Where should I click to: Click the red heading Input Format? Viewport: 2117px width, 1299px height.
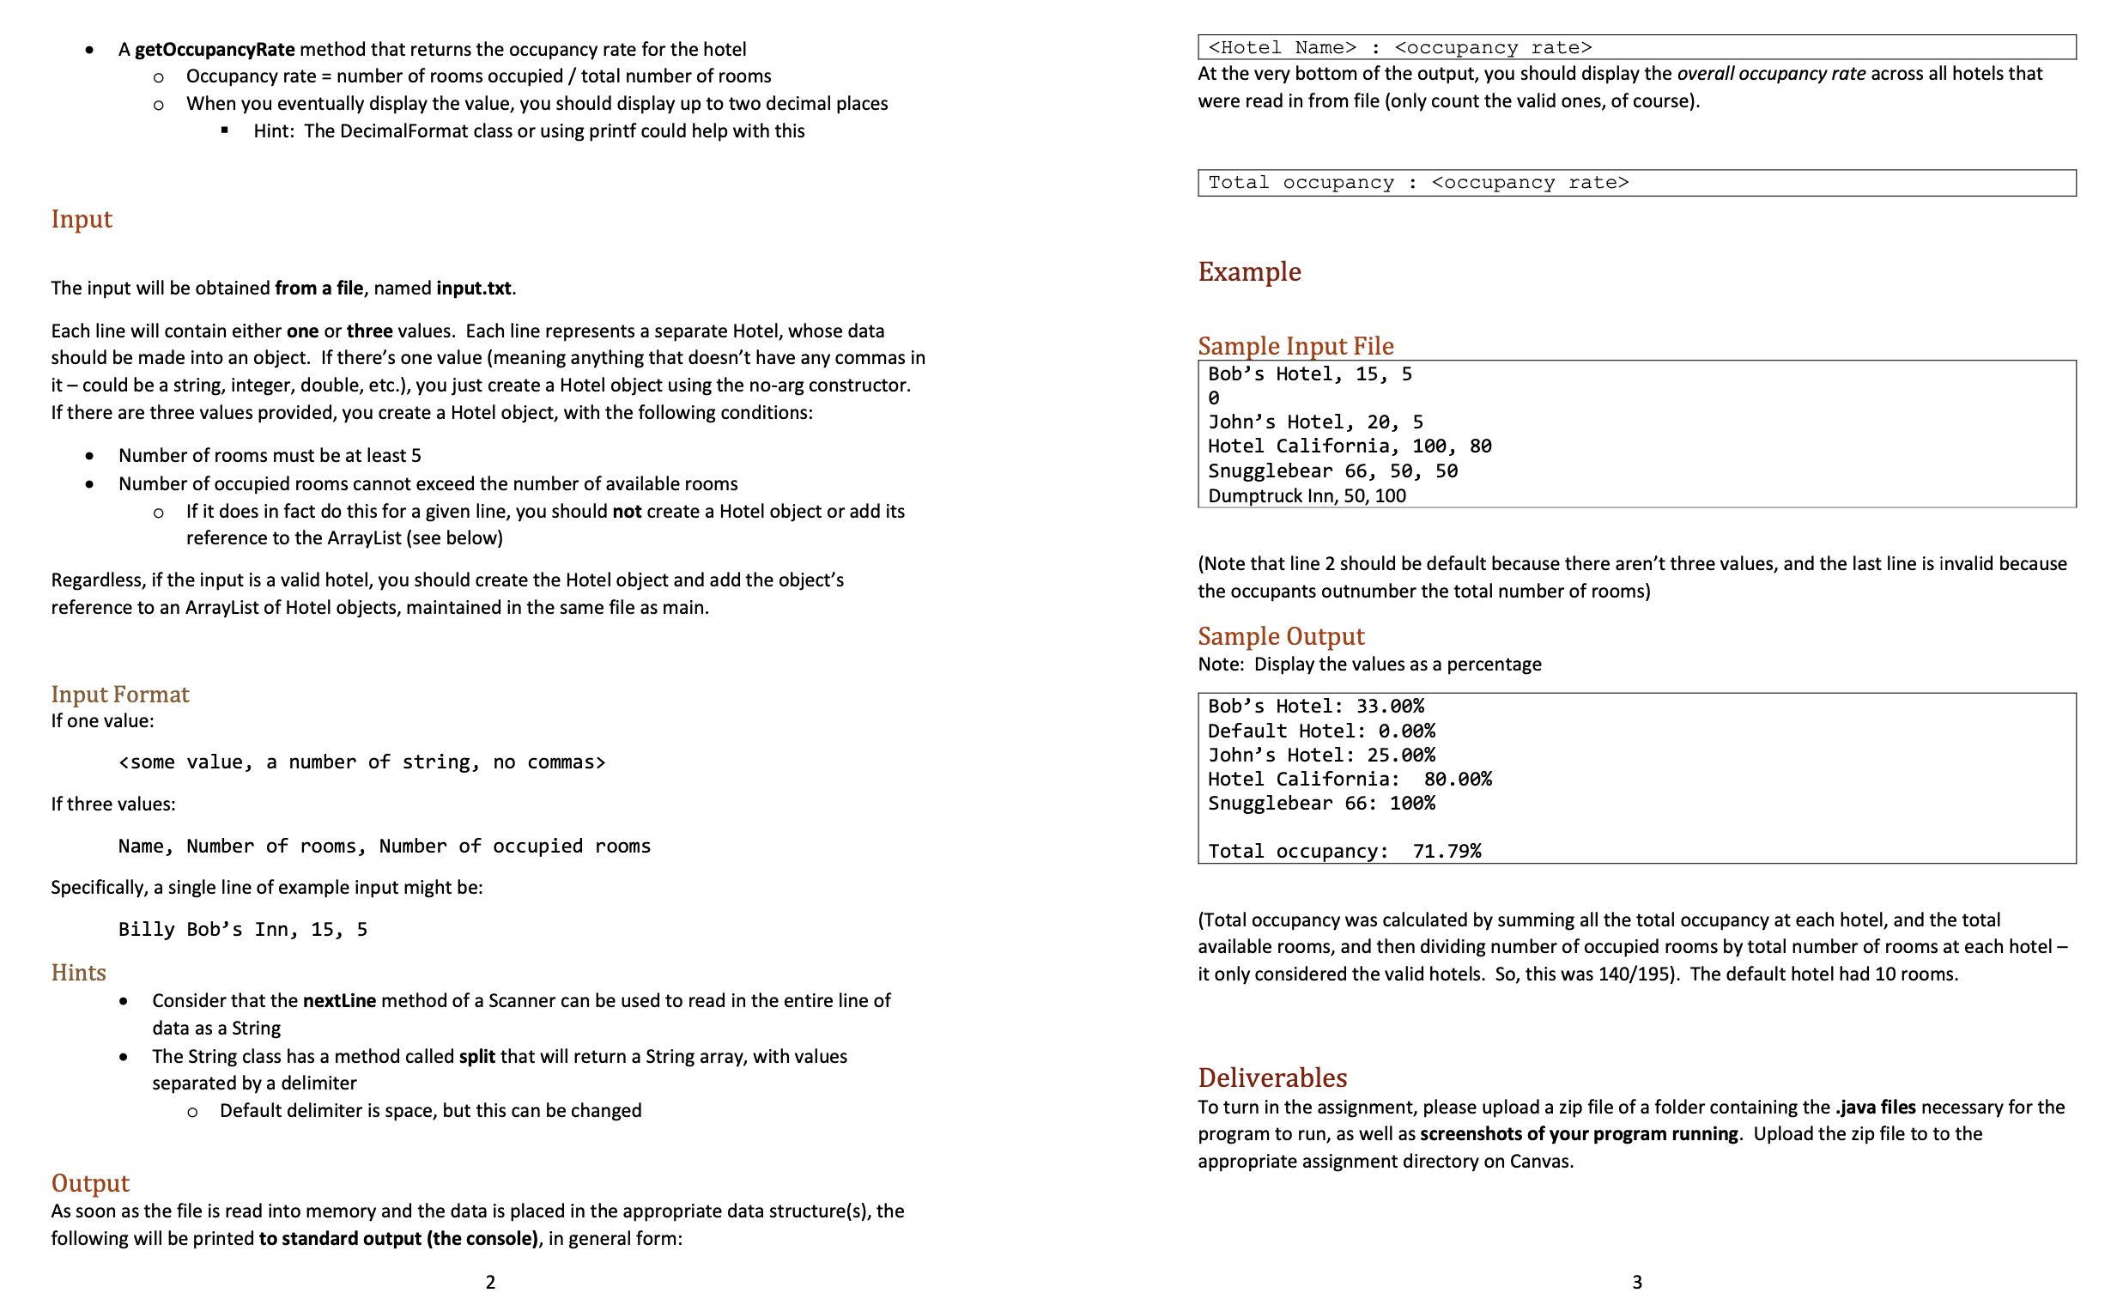click(x=119, y=695)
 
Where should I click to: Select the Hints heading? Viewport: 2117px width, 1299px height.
click(x=78, y=973)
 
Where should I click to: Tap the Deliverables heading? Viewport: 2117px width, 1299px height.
click(x=1271, y=1077)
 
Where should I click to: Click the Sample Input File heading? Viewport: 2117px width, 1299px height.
click(x=1295, y=345)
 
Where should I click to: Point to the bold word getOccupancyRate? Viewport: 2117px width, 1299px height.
click(x=214, y=49)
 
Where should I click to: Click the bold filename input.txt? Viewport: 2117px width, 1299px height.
click(x=473, y=288)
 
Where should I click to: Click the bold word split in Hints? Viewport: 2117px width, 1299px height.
click(x=476, y=1057)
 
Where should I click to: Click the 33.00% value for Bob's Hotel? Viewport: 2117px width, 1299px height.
click(x=1389, y=707)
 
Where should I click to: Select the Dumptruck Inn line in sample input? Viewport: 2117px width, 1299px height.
click(x=1306, y=495)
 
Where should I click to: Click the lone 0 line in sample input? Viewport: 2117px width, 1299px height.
click(x=1213, y=398)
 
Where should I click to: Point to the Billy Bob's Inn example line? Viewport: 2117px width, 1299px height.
click(x=242, y=930)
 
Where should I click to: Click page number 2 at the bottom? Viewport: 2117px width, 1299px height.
click(x=489, y=1282)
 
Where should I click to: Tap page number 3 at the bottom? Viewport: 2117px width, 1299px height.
click(x=1636, y=1282)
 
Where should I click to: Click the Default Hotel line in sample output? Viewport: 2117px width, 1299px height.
click(x=1320, y=731)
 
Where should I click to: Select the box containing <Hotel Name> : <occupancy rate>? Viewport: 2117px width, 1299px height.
click(x=1636, y=47)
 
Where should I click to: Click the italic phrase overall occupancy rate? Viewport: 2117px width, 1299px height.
click(x=1770, y=74)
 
